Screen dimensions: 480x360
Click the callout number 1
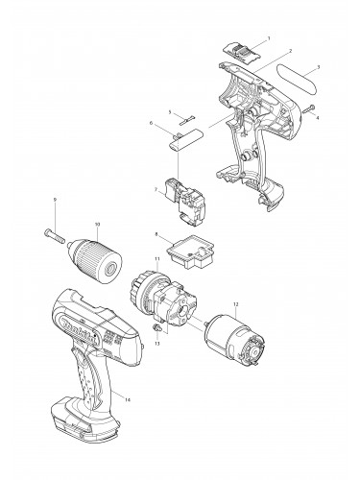pyautogui.click(x=268, y=37)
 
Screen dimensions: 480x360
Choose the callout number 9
pyautogui.click(x=56, y=199)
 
